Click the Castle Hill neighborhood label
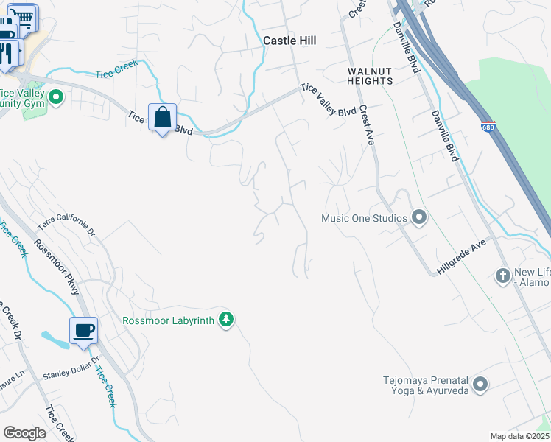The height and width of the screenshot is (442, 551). (289, 41)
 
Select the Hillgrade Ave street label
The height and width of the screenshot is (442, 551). (462, 257)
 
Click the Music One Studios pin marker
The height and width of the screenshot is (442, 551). (419, 217)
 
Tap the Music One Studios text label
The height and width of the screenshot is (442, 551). (364, 218)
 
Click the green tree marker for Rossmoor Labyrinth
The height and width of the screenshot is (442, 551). (228, 320)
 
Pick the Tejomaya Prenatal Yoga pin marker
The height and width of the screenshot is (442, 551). (480, 385)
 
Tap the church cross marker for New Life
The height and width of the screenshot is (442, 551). (502, 276)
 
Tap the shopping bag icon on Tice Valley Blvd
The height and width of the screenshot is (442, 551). (162, 117)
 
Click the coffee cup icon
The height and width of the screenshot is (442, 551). (83, 331)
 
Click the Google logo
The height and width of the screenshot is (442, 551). (24, 433)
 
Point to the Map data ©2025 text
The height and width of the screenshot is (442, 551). (519, 436)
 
